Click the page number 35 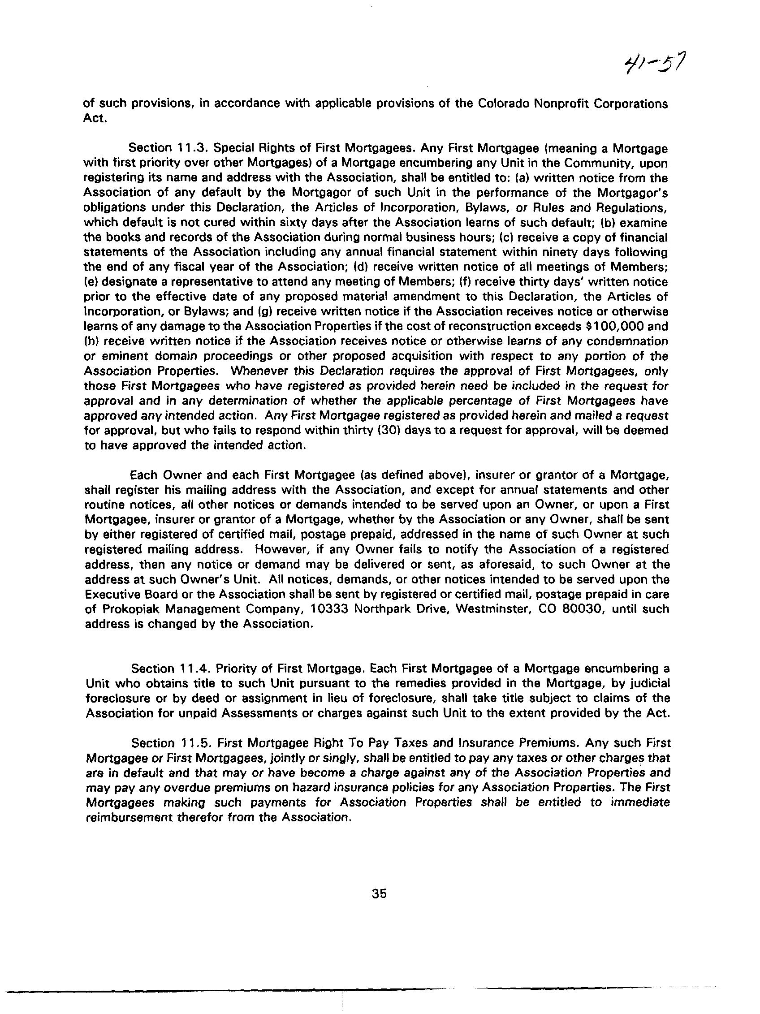pos(380,893)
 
